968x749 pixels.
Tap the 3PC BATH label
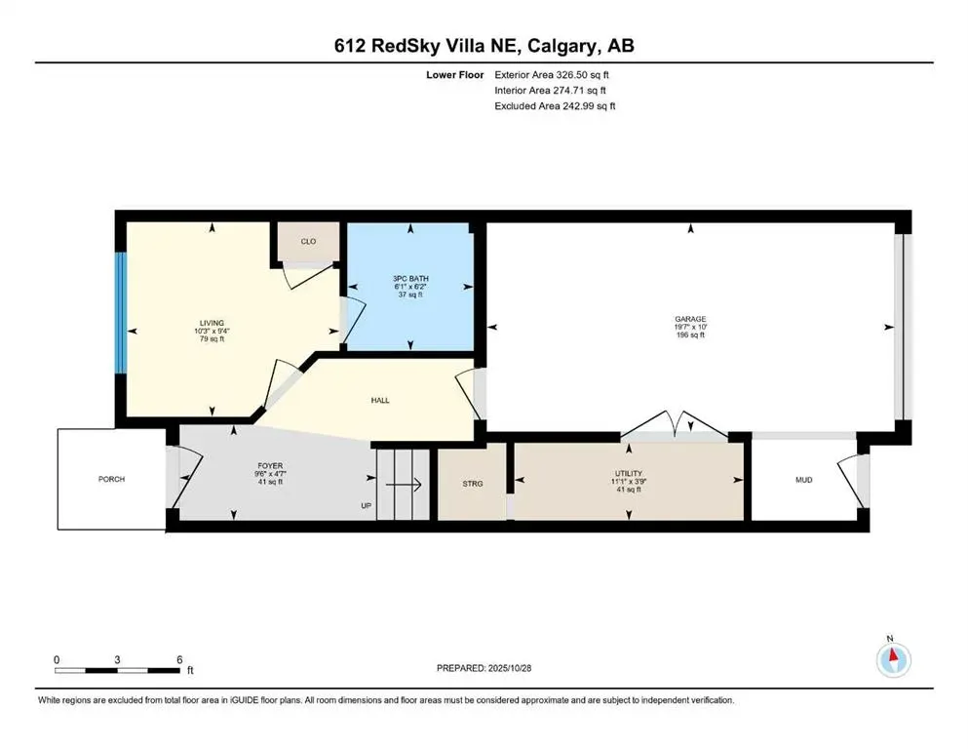[x=410, y=279]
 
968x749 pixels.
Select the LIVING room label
[x=212, y=323]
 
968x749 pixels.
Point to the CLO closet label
[x=307, y=241]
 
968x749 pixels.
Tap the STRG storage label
[x=472, y=483]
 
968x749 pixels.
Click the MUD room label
[x=804, y=480]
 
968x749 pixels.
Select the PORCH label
[x=111, y=479]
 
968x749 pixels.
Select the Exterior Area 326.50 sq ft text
[x=555, y=74]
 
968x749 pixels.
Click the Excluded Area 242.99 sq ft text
[x=555, y=105]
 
